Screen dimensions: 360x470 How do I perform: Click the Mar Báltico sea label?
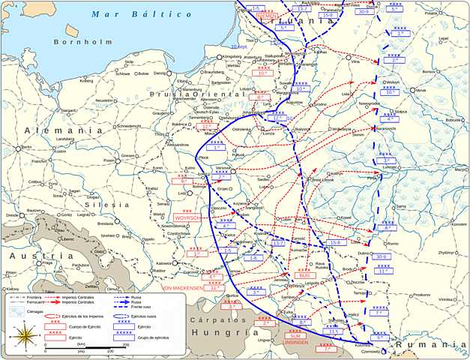pyautogui.click(x=117, y=14)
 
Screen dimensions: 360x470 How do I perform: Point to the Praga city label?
pyautogui.click(x=47, y=263)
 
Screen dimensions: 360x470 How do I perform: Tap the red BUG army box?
pyautogui.click(x=304, y=275)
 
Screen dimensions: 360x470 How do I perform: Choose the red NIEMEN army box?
pyautogui.click(x=268, y=16)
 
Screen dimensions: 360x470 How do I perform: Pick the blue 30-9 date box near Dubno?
pyautogui.click(x=382, y=256)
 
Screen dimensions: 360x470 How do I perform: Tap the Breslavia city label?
pyautogui.click(x=105, y=223)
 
